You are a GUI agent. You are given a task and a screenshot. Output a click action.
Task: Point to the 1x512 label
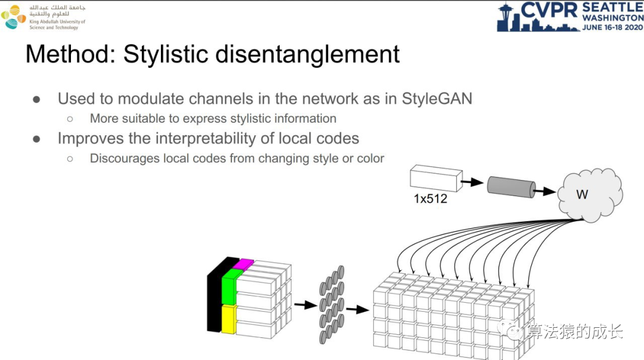pos(430,199)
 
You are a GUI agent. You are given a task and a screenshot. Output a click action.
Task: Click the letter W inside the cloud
pos(582,195)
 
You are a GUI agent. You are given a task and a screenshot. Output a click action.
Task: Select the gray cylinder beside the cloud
pos(510,187)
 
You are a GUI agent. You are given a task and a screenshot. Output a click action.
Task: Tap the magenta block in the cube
pos(243,264)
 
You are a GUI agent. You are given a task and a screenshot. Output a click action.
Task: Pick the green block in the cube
pos(229,286)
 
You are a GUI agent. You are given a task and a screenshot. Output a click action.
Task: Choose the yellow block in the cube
pos(229,318)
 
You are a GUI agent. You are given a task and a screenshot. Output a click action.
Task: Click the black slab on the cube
pos(214,295)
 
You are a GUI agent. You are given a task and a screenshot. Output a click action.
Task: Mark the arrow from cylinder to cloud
pos(545,192)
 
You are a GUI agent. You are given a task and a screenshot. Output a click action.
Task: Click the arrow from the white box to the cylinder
pos(473,182)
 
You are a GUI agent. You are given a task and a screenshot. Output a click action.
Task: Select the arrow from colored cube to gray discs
pos(305,305)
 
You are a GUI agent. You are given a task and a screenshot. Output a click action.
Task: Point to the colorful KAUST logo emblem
pos(13,17)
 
